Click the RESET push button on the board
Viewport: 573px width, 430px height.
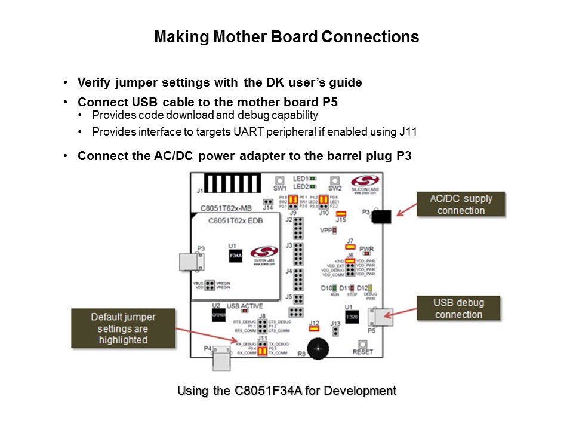coord(362,344)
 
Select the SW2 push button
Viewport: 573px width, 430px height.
coord(335,180)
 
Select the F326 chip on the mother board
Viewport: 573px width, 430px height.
coord(352,317)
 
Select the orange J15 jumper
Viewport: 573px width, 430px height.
coord(341,213)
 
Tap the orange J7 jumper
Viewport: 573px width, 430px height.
coord(350,246)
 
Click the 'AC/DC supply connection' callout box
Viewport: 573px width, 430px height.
coord(461,205)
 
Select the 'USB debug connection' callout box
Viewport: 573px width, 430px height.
coord(458,309)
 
